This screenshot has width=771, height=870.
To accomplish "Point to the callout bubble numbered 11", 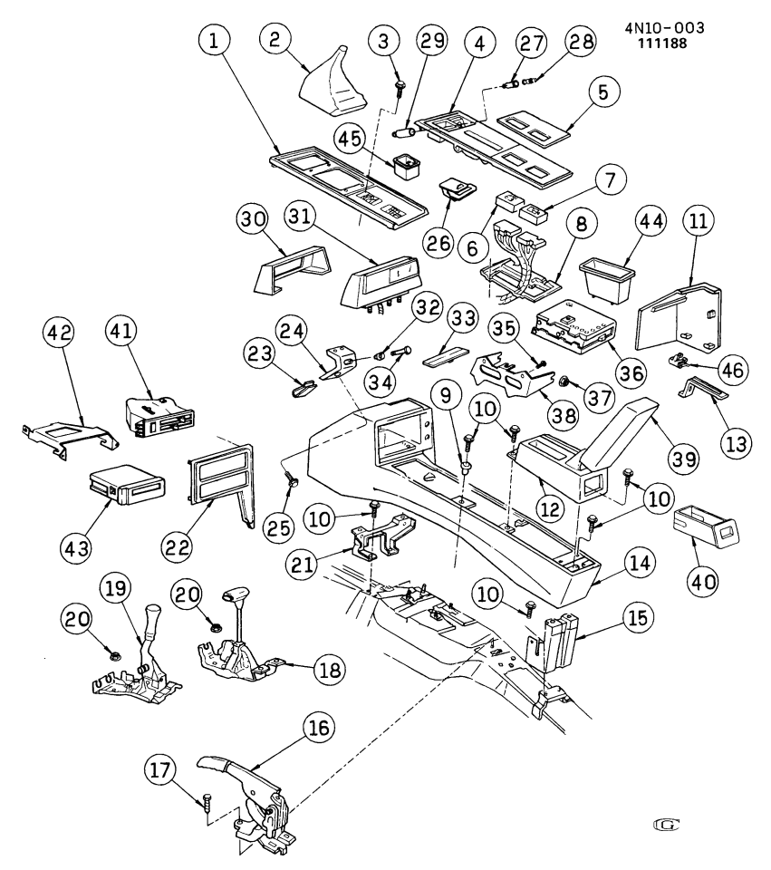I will point(698,221).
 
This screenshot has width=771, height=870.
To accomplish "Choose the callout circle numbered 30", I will point(256,220).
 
